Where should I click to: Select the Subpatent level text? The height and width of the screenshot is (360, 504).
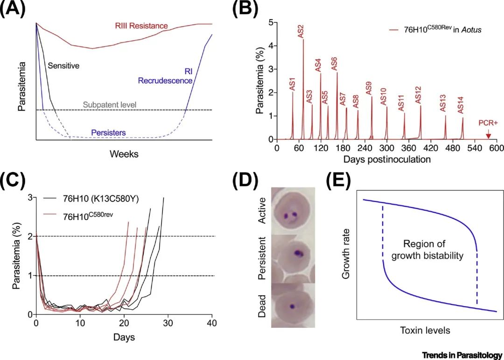tap(110, 104)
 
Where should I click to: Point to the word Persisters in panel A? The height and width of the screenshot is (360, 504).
tap(108, 132)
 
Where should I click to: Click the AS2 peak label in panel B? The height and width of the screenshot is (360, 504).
tap(301, 31)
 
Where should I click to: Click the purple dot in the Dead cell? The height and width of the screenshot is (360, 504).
tap(292, 306)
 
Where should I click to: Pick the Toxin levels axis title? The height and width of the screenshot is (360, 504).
tap(425, 330)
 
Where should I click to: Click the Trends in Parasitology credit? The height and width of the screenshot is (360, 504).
tap(462, 355)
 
